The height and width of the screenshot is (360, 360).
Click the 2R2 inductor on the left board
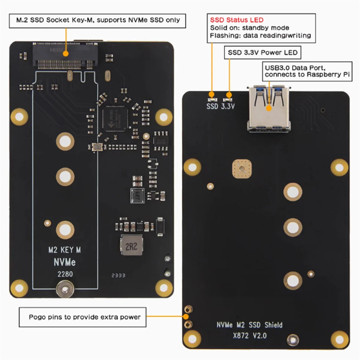[x=131, y=245]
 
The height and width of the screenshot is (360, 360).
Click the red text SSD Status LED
[x=237, y=20]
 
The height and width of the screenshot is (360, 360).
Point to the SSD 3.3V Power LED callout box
[x=262, y=52]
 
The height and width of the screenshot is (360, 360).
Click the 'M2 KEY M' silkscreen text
[x=64, y=250]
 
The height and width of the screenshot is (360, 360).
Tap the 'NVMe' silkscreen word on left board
[x=64, y=262]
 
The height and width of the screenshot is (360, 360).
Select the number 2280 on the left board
[x=65, y=274]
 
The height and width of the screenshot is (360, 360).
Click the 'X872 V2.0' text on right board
[x=250, y=335]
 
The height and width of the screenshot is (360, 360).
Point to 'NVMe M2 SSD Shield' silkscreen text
[x=249, y=325]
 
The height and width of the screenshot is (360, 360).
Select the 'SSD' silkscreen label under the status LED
[x=212, y=106]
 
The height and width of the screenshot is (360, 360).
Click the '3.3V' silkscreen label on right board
[x=228, y=106]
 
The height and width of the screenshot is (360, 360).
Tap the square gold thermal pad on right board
[x=242, y=169]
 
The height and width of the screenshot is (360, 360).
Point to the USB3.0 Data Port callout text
[x=307, y=71]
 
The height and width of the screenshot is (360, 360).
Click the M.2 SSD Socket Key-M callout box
[x=97, y=20]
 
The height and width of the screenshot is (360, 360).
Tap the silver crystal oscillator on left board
[x=97, y=147]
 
